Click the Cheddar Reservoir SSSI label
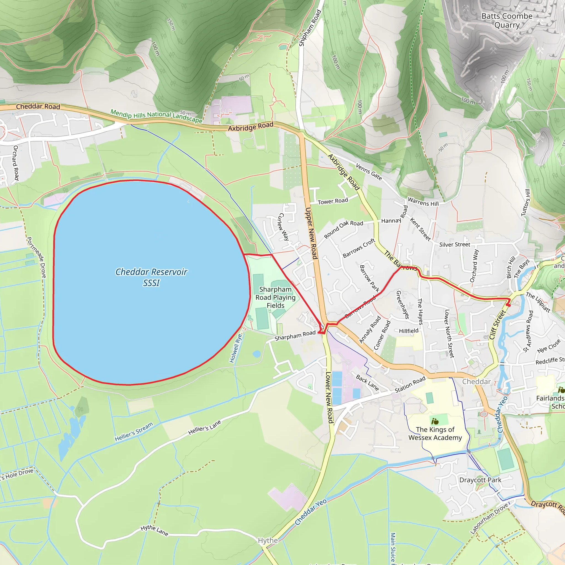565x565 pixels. point(151,277)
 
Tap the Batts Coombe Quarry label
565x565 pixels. point(507,20)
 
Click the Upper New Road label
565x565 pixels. point(311,233)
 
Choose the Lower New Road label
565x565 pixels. point(329,398)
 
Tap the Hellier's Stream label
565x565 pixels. point(134,432)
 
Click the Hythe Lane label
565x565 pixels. point(154,530)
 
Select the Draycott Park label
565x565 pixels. point(480,480)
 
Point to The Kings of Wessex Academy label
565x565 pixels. point(435,433)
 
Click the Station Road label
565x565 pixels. point(410,385)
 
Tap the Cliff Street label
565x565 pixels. point(497,325)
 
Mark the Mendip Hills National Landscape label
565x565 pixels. point(156,116)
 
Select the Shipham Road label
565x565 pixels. point(310,28)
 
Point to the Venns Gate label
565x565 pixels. point(369,172)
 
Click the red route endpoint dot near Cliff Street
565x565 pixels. point(508,305)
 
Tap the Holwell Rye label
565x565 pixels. point(236,348)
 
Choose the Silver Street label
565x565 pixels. point(455,244)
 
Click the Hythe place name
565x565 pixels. point(268,540)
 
